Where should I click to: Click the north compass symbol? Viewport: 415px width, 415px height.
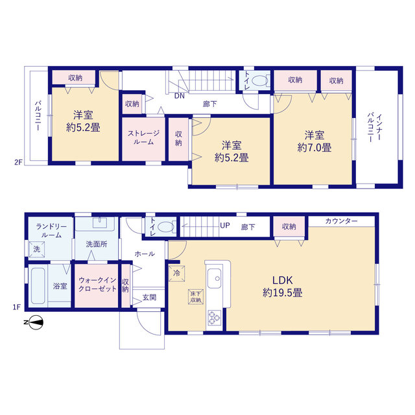(x=34, y=323)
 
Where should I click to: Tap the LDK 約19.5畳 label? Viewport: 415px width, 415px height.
(x=283, y=287)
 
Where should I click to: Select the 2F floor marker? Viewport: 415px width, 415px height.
(x=18, y=162)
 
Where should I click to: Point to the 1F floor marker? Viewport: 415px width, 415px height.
(x=16, y=307)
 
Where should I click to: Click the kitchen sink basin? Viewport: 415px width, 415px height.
(x=215, y=278)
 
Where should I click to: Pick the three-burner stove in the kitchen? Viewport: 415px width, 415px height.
(x=215, y=318)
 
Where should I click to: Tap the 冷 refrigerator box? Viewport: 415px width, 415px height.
(x=176, y=273)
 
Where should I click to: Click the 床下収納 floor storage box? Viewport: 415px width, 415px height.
(x=196, y=297)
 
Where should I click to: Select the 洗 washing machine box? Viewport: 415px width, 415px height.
(x=36, y=249)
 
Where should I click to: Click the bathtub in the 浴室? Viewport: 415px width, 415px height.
(x=38, y=286)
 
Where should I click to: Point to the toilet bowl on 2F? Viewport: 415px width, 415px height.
(x=259, y=80)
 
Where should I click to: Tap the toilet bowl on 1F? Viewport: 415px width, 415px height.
(x=165, y=227)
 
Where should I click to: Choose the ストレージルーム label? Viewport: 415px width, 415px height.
(x=144, y=137)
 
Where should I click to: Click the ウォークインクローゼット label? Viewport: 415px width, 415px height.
(x=98, y=284)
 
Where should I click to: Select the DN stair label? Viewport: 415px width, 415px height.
(x=180, y=96)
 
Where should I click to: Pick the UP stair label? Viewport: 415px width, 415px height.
(x=225, y=226)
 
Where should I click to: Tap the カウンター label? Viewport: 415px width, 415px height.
(x=342, y=221)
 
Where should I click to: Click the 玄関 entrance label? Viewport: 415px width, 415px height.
(x=149, y=298)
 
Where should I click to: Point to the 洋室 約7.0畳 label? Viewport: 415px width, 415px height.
(x=314, y=141)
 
